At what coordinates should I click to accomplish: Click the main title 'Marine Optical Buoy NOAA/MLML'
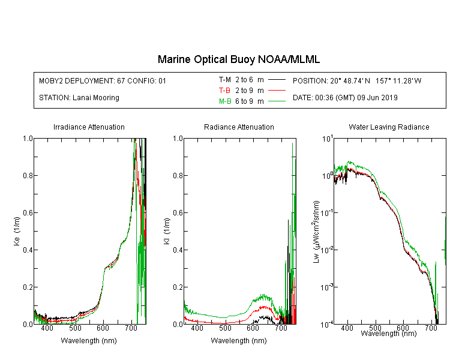click(238, 59)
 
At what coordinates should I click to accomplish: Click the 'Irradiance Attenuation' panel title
click(89, 127)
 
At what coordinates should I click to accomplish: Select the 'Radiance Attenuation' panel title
click(239, 127)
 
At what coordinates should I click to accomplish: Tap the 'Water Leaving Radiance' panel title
click(389, 127)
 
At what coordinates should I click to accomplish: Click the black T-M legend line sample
click(277, 80)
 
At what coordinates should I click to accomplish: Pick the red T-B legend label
click(224, 91)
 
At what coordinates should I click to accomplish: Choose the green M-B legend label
click(225, 101)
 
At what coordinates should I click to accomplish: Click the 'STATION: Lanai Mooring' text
click(79, 98)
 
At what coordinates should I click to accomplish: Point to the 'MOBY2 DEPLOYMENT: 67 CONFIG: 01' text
click(103, 80)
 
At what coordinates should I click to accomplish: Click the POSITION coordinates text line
click(357, 80)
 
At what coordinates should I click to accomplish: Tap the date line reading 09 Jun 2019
click(345, 98)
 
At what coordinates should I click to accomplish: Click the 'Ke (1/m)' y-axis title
click(17, 231)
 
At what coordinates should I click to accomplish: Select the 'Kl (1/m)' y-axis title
click(167, 231)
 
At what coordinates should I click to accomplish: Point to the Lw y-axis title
click(316, 232)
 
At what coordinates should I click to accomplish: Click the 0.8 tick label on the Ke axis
click(28, 175)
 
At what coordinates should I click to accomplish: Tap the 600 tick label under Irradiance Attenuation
click(103, 328)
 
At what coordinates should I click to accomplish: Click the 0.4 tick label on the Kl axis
click(178, 250)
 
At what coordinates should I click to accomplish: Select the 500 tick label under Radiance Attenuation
click(225, 328)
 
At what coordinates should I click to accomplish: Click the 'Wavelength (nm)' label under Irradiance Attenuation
click(89, 341)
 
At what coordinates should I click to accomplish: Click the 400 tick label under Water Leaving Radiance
click(347, 328)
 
